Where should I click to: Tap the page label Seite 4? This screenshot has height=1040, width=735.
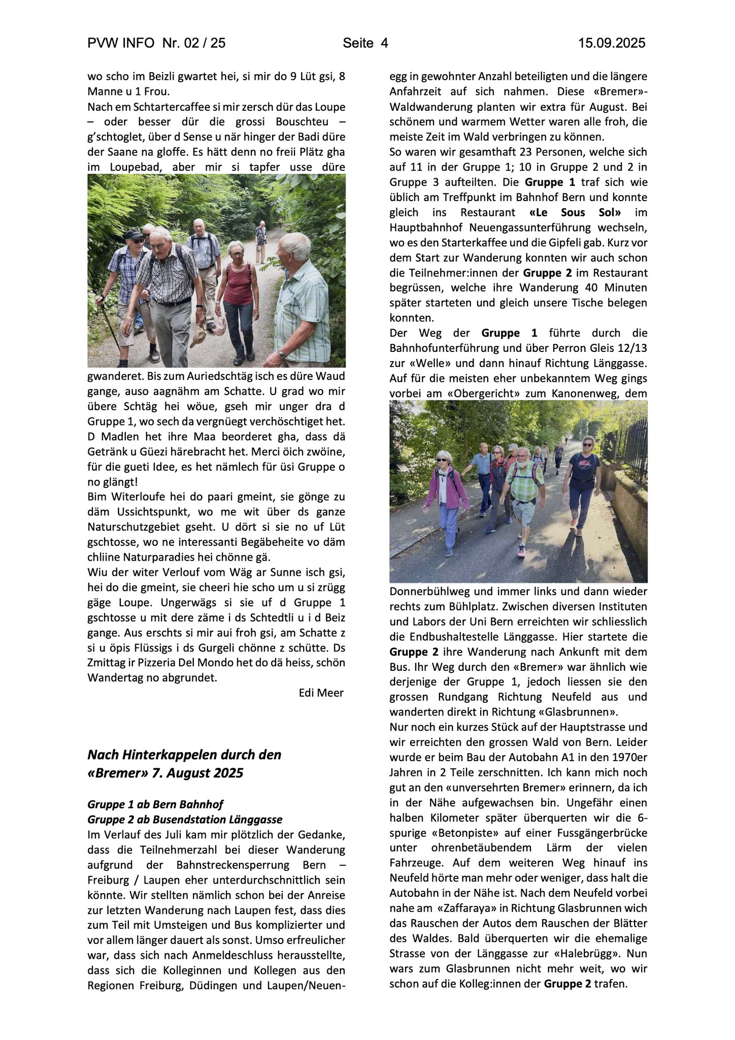tap(365, 44)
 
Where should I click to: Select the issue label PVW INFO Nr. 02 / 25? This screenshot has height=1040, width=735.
tap(157, 44)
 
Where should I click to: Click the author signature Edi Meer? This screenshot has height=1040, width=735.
tap(321, 693)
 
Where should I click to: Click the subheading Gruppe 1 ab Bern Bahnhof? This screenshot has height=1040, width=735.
tap(155, 804)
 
